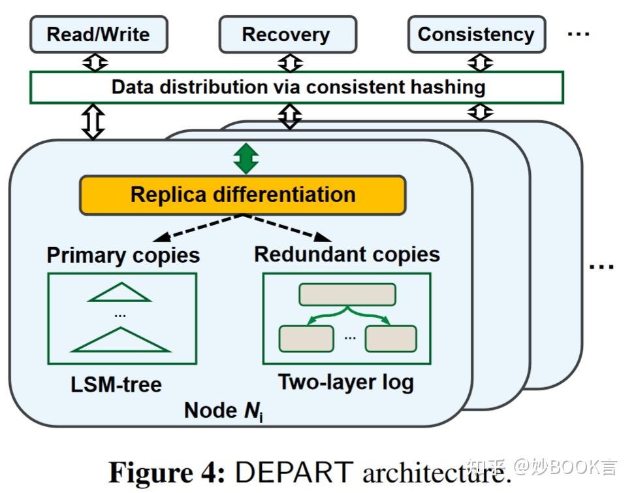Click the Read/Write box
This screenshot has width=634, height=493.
pos(98,34)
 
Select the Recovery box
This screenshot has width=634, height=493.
pos(287,34)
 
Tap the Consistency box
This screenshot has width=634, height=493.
pos(476,34)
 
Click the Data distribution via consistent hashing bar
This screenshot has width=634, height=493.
pos(296,88)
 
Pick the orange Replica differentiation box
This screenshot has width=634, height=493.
pos(243,195)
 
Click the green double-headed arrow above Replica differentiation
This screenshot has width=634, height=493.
pos(246,158)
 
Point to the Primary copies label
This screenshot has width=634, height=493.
pos(123,255)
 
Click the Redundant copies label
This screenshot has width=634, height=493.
pos(347,254)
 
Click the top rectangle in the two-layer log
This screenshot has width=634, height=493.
pos(347,295)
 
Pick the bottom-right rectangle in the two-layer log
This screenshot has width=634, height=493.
pos(390,338)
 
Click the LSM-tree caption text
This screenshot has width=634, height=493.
pos(116,384)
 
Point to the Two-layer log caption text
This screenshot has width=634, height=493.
pos(346,382)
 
